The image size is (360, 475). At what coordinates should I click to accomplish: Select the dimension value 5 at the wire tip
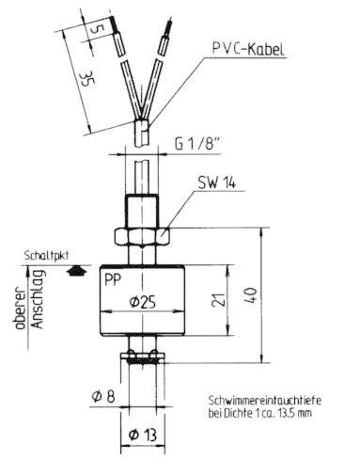click(x=97, y=28)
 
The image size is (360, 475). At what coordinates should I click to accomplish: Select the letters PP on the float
click(x=112, y=279)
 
